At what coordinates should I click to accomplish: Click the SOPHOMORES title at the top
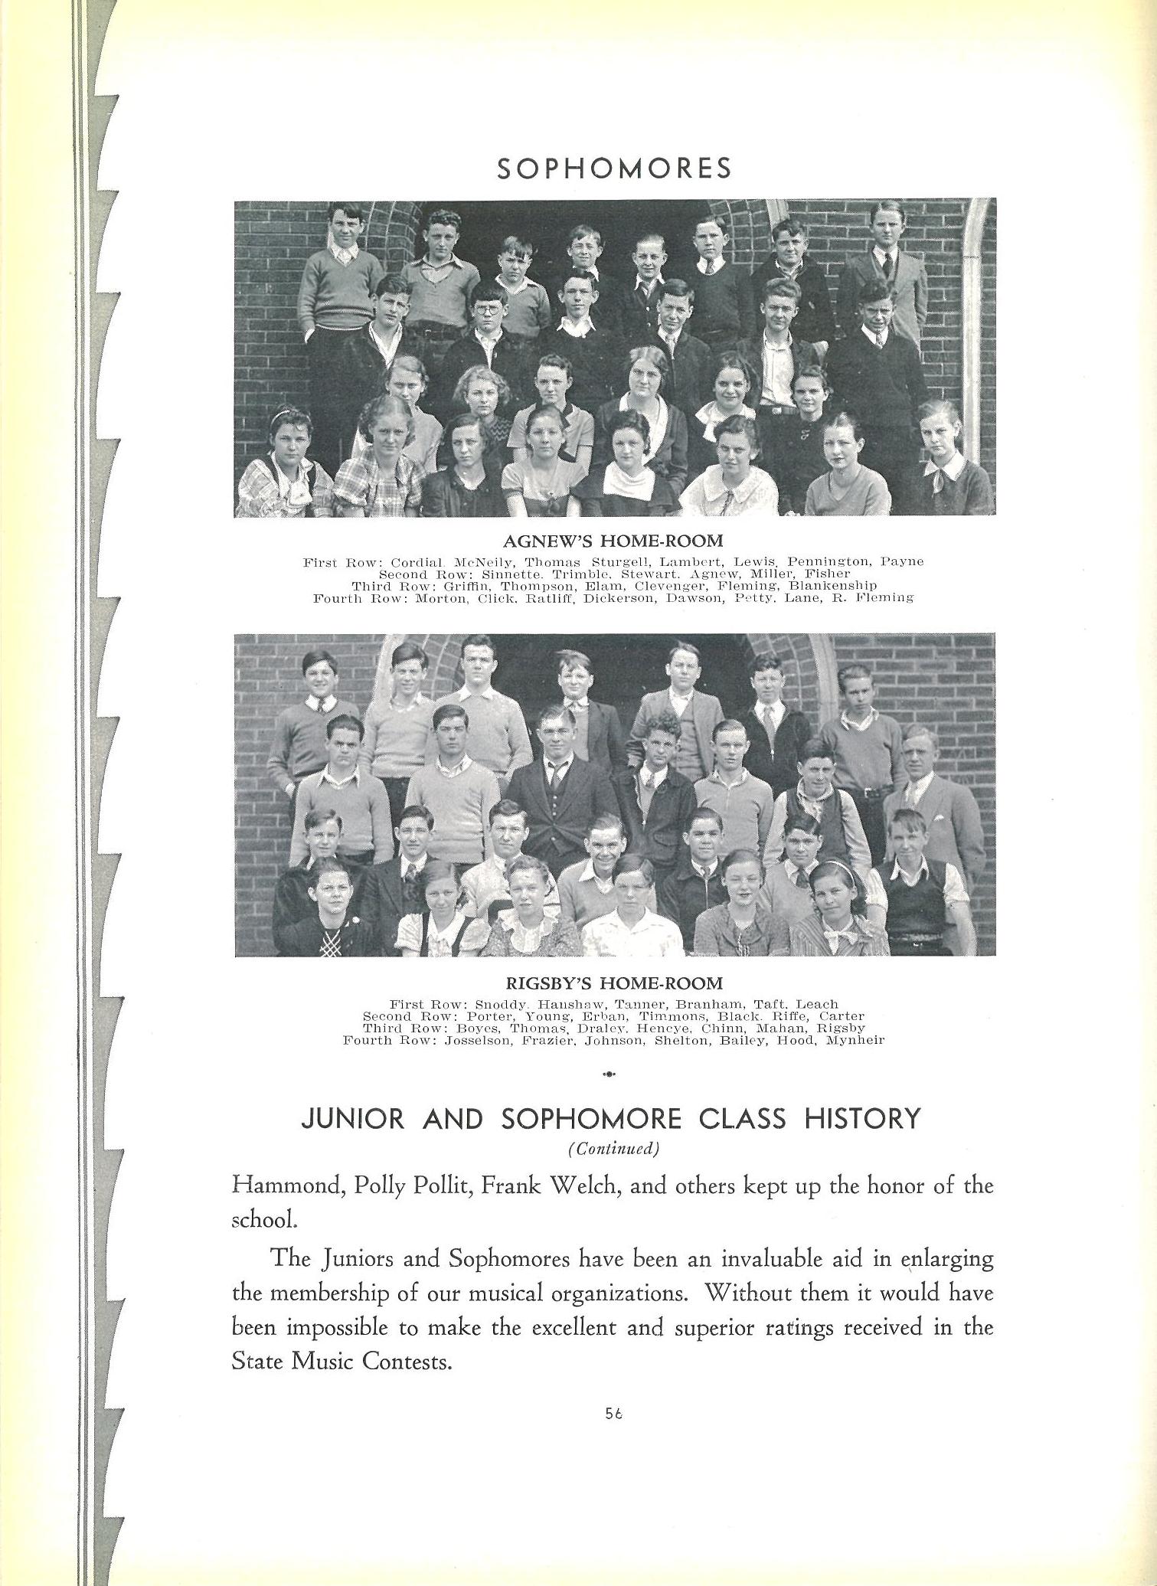tap(614, 168)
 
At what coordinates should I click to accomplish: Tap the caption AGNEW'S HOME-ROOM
tap(613, 541)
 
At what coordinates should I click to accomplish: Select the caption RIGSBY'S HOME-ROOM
tap(613, 983)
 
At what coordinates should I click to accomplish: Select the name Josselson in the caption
tap(479, 1041)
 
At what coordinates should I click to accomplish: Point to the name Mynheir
tap(855, 1041)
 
